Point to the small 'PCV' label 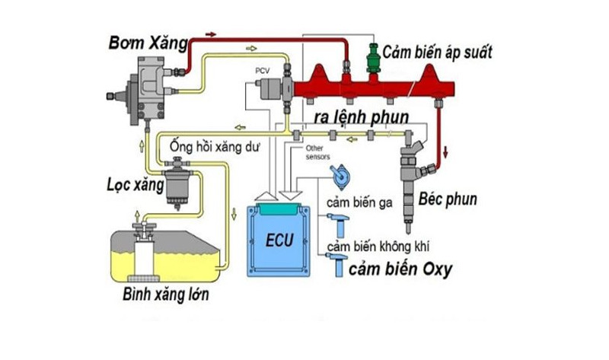pyautogui.click(x=263, y=71)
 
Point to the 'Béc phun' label pyautogui.click(x=448, y=200)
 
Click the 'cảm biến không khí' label pyautogui.click(x=378, y=247)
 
